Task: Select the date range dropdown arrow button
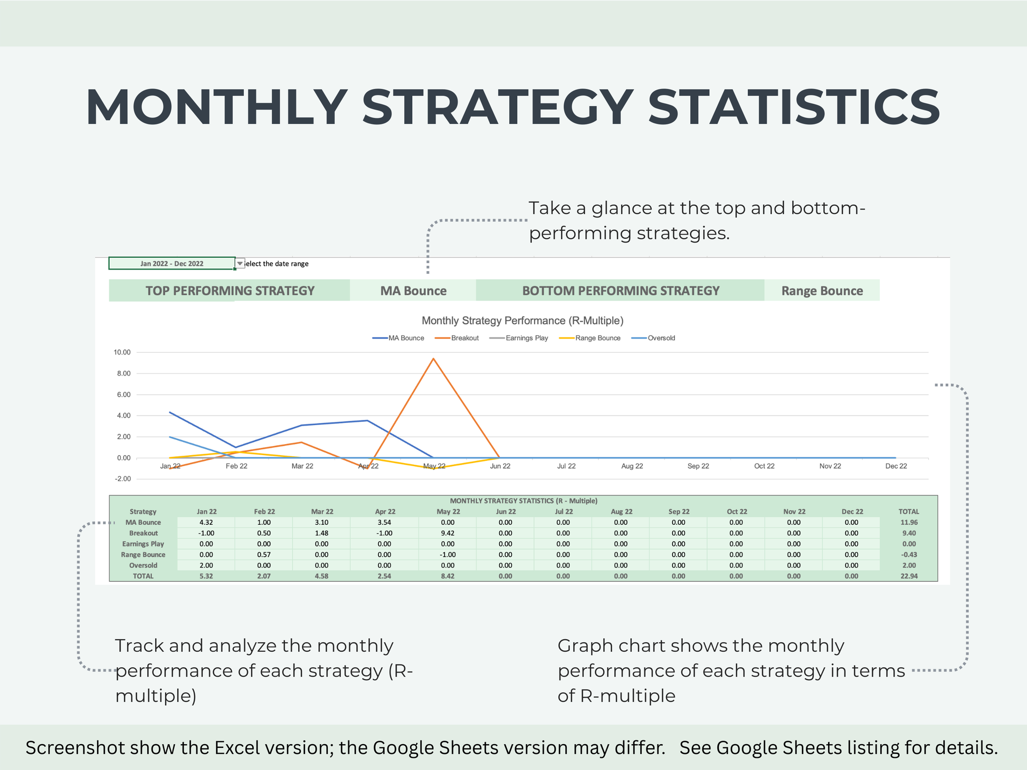(240, 263)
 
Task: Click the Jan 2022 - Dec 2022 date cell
(172, 263)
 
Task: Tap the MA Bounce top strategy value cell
(413, 291)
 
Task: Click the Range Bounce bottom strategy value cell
(822, 291)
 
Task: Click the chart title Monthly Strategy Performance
(522, 321)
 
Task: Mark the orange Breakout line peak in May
(433, 359)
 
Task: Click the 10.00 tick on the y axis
(122, 352)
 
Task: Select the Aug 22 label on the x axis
(632, 466)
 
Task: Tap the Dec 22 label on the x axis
(896, 466)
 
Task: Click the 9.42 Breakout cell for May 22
(448, 533)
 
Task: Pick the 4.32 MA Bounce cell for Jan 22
(206, 522)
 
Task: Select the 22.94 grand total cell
(909, 576)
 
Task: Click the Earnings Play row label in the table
(143, 544)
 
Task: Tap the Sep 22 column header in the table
(679, 512)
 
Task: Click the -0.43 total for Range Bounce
(909, 555)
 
